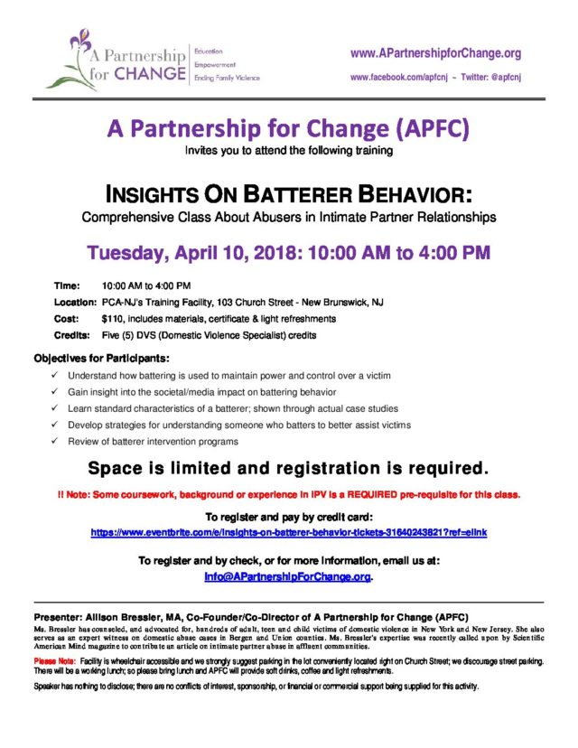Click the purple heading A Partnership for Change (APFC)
[x=288, y=129]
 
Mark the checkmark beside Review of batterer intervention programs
[x=55, y=442]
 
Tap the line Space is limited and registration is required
[x=288, y=468]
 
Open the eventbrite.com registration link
[x=288, y=533]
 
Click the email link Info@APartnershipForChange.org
[x=288, y=576]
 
